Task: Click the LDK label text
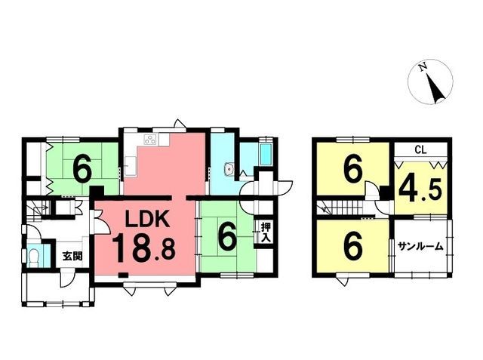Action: tap(147, 219)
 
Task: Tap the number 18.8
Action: tap(143, 248)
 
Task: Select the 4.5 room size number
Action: tap(420, 190)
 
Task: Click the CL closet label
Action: tap(420, 150)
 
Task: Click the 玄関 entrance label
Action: tap(72, 256)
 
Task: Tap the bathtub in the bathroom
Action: tap(266, 155)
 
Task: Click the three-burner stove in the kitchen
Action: tap(151, 140)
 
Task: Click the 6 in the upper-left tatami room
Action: tap(82, 168)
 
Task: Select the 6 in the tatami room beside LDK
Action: tap(228, 236)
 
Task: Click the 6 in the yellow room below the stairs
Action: tap(353, 248)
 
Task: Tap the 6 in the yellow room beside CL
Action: tap(353, 170)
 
